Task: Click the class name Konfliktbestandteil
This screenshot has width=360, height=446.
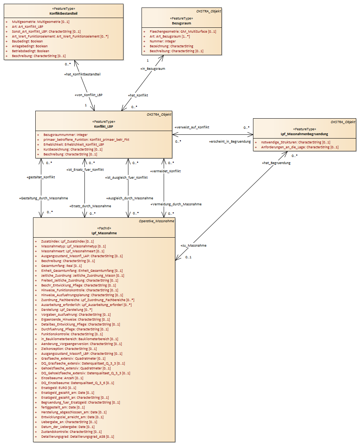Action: pyautogui.click(x=63, y=14)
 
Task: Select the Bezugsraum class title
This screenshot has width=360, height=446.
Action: pyautogui.click(x=181, y=23)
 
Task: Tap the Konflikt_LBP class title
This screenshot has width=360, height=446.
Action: pyautogui.click(x=104, y=126)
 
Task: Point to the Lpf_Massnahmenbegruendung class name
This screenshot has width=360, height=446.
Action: pyautogui.click(x=304, y=134)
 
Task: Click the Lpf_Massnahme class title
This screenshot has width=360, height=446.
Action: pyautogui.click(x=104, y=233)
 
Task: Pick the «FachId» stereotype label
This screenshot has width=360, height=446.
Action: pyautogui.click(x=104, y=228)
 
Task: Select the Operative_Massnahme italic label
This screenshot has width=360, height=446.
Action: pyautogui.click(x=157, y=221)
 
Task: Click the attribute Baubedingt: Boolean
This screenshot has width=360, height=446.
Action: pyautogui.click(x=27, y=41)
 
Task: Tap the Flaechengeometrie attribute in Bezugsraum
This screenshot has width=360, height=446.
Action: pyautogui.click(x=183, y=32)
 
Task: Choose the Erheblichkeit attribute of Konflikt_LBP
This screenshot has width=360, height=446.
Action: pyautogui.click(x=74, y=145)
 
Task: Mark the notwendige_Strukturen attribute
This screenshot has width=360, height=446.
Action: pyautogui.click(x=296, y=142)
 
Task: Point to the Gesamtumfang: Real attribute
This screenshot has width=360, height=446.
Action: pyautogui.click(x=62, y=266)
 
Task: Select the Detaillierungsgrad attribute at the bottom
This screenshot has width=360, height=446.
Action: pyautogui.click(x=78, y=437)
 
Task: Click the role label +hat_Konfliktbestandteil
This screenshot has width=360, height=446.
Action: pyautogui.click(x=83, y=74)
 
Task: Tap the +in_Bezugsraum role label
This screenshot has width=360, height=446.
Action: pyautogui.click(x=153, y=69)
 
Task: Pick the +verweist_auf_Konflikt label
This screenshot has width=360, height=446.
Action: pyautogui.click(x=192, y=127)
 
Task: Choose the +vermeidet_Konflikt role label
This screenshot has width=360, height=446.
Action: pyautogui.click(x=166, y=171)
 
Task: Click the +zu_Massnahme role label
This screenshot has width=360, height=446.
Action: pyautogui.click(x=193, y=246)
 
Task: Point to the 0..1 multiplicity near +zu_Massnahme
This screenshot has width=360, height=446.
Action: pyautogui.click(x=188, y=257)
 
